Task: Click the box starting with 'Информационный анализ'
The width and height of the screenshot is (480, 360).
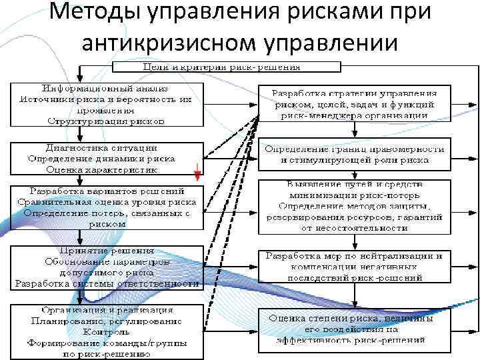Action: [x=107, y=104]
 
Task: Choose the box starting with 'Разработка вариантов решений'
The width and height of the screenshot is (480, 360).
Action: [x=107, y=207]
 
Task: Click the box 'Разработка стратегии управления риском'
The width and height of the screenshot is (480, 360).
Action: [x=354, y=104]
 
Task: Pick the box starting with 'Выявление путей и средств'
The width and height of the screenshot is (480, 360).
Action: [x=354, y=206]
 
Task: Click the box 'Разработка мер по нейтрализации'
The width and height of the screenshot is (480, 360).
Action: [x=354, y=266]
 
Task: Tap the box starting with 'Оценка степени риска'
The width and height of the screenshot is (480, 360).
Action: [x=354, y=329]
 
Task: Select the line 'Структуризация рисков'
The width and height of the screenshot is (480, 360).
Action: [x=107, y=121]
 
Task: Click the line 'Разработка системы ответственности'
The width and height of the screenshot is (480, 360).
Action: [x=107, y=283]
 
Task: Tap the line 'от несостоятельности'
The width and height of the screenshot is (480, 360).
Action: [x=354, y=229]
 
